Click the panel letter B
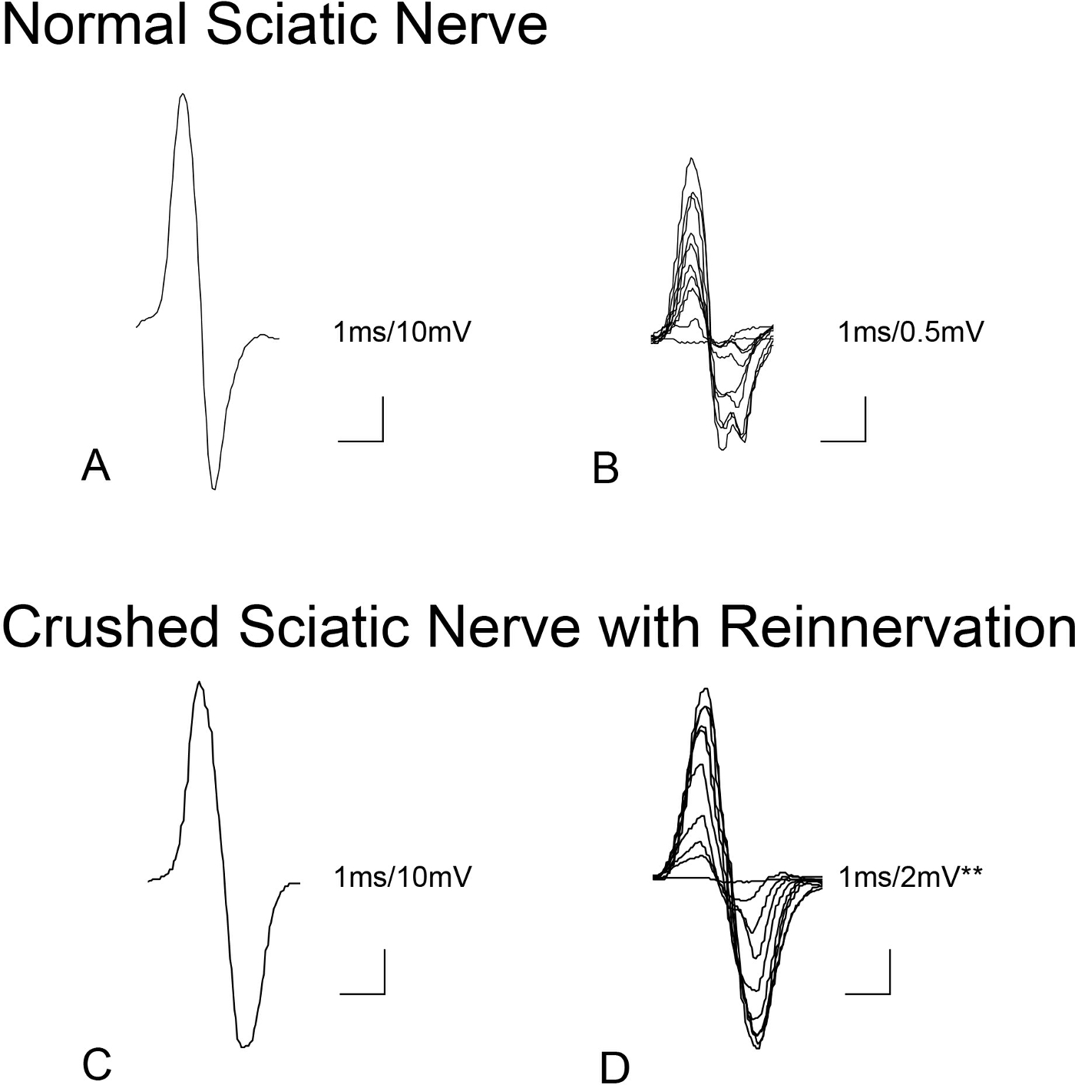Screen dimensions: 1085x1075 click(606, 469)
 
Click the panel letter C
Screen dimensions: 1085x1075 click(97, 1064)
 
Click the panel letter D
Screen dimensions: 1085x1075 click(614, 1068)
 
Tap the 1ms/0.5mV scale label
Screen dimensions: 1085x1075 click(911, 332)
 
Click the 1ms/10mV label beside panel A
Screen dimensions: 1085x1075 click(402, 332)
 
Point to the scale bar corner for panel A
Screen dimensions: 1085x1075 click(382, 440)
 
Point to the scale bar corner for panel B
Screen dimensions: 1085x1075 click(865, 440)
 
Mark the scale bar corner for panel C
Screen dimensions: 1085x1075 click(382, 993)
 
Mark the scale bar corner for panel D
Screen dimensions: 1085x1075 click(888, 993)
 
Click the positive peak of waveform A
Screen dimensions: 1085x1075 click(182, 94)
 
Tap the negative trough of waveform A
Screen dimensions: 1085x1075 click(213, 488)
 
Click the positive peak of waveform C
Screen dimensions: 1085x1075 click(199, 682)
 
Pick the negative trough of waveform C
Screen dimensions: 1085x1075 click(244, 1046)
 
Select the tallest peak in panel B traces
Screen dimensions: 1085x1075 click(693, 159)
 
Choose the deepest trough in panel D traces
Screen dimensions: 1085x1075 click(758, 1047)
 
